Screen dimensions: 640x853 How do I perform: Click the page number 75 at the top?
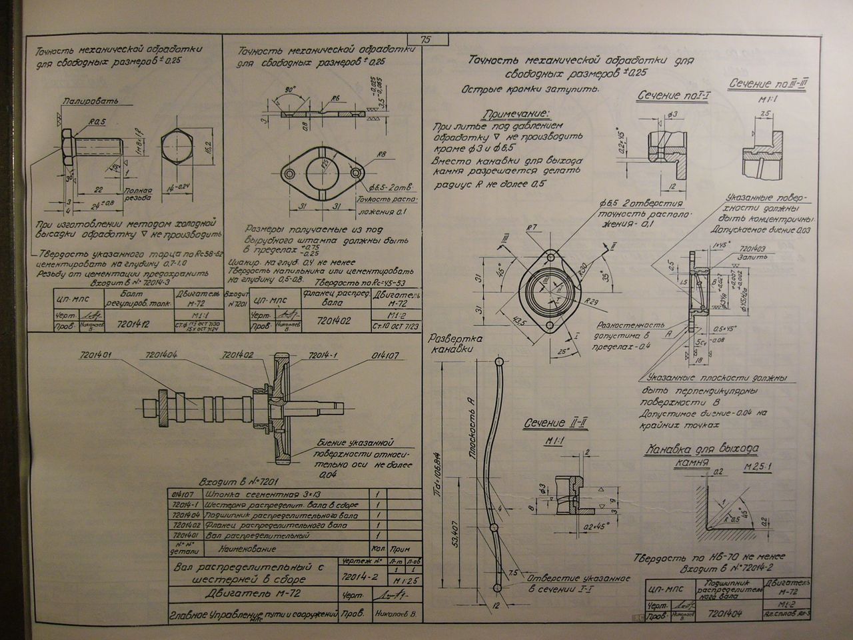pos(426,39)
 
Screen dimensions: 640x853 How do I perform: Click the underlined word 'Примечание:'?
pos(517,113)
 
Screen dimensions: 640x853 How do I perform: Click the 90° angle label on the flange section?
pos(289,89)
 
